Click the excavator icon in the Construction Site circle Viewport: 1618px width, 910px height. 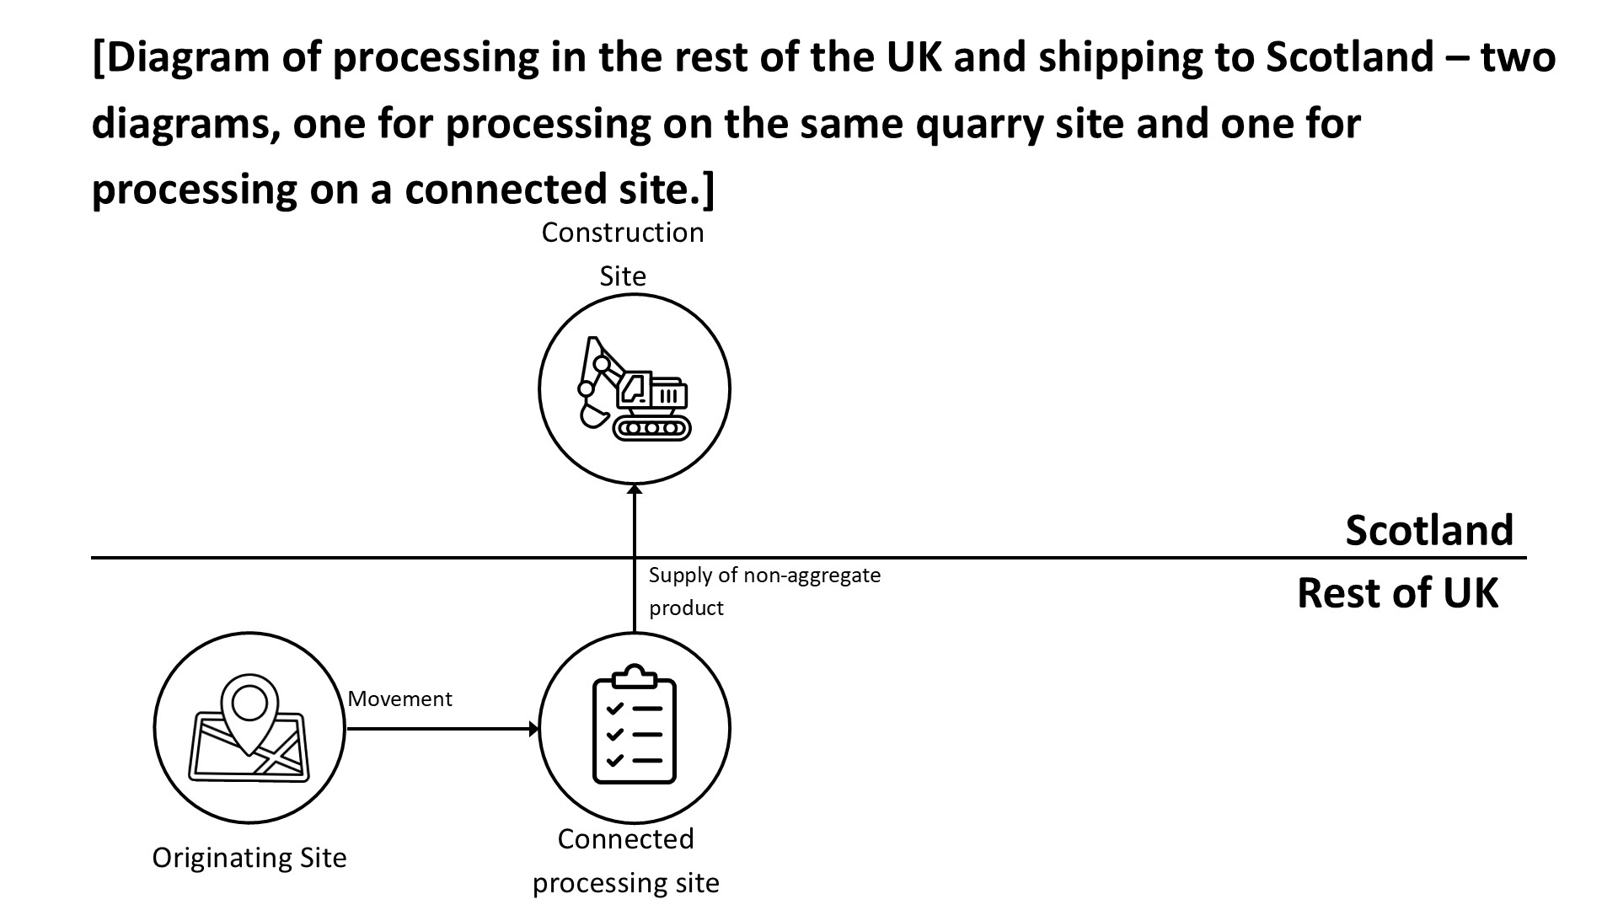(x=634, y=389)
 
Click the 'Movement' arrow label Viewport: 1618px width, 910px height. (x=399, y=699)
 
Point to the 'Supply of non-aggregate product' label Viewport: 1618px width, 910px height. (x=763, y=591)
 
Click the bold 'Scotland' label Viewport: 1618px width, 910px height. (x=1428, y=530)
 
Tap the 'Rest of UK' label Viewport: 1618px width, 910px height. (x=1396, y=593)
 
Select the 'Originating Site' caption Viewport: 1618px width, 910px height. (x=249, y=858)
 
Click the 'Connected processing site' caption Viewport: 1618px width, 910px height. (x=625, y=860)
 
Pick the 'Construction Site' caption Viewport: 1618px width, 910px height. (x=623, y=254)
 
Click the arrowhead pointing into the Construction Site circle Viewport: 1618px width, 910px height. (x=635, y=490)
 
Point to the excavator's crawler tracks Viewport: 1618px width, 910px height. (x=651, y=427)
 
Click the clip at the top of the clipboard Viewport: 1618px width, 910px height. (x=635, y=676)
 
